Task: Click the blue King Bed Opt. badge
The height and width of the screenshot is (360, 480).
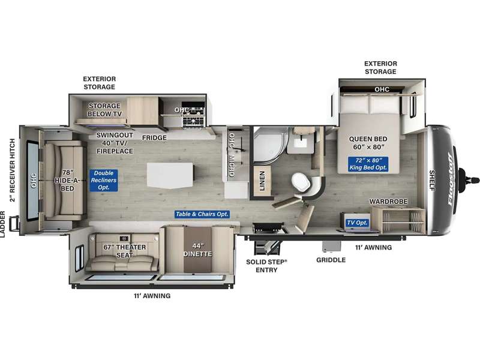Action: [368, 164]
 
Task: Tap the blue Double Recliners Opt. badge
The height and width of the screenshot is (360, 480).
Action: [103, 181]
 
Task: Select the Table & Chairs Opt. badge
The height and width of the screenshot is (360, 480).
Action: [202, 214]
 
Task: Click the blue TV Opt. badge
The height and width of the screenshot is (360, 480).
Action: [357, 223]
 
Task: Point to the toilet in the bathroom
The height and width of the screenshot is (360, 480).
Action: [301, 182]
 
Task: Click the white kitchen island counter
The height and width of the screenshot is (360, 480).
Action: [170, 175]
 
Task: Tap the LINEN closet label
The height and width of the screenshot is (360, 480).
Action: [262, 181]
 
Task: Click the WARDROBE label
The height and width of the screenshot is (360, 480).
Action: [388, 202]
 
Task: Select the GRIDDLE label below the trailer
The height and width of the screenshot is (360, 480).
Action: [331, 260]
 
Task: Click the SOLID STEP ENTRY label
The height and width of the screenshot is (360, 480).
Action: [266, 266]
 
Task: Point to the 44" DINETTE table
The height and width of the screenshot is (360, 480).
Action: [198, 250]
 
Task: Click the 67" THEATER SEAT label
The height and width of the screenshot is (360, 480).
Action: [125, 251]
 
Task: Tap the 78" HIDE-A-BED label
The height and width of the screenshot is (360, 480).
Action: [67, 181]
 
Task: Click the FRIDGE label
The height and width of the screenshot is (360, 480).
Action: [154, 138]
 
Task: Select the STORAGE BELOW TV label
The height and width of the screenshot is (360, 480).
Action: [104, 110]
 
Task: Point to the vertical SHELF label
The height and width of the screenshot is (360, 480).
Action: [431, 181]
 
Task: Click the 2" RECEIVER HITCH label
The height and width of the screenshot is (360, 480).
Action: [12, 170]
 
